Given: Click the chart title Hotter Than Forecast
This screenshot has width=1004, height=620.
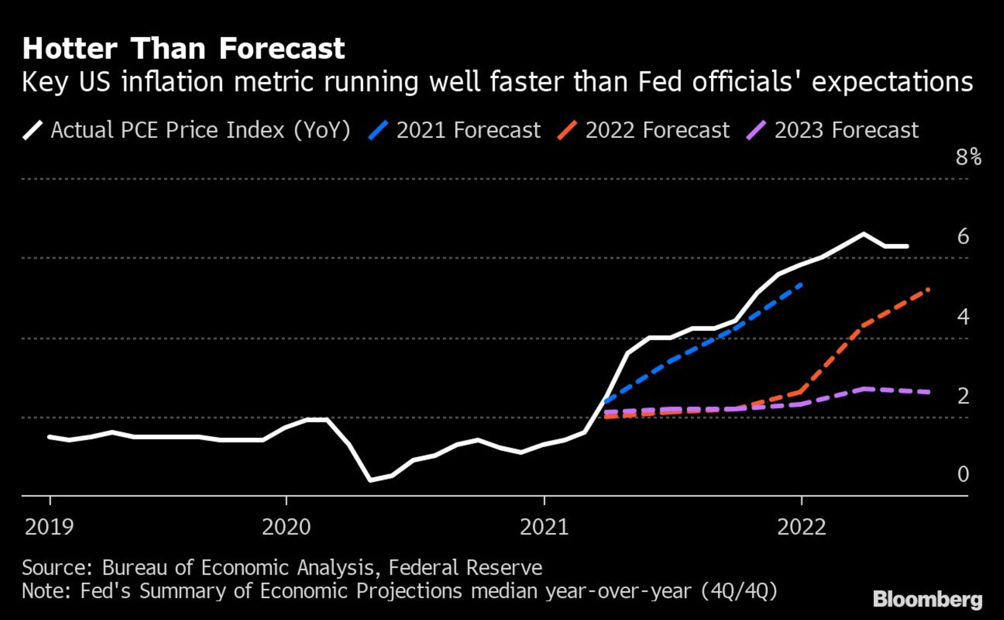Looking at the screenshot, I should click(183, 49).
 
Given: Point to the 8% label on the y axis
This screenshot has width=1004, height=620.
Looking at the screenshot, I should click(968, 157).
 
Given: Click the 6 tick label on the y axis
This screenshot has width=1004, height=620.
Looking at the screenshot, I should click(963, 237).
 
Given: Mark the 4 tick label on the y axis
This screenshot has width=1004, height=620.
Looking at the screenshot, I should click(963, 317).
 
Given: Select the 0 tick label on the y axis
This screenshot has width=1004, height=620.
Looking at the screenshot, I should click(963, 474).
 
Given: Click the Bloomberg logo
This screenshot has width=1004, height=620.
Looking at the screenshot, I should click(928, 600).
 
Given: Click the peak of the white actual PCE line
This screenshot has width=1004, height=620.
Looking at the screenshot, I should click(863, 234).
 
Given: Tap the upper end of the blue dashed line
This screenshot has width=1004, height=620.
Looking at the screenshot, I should click(801, 284).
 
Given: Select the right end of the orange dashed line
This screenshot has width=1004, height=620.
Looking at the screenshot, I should click(928, 289).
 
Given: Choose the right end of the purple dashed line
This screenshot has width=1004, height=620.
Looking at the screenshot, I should click(928, 392).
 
